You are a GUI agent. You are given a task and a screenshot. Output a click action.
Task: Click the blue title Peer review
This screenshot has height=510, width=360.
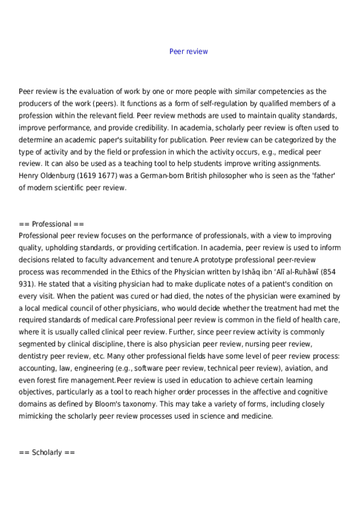pos(189,52)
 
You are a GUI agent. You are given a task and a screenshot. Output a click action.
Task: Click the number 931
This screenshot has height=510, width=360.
pos(26,282)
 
